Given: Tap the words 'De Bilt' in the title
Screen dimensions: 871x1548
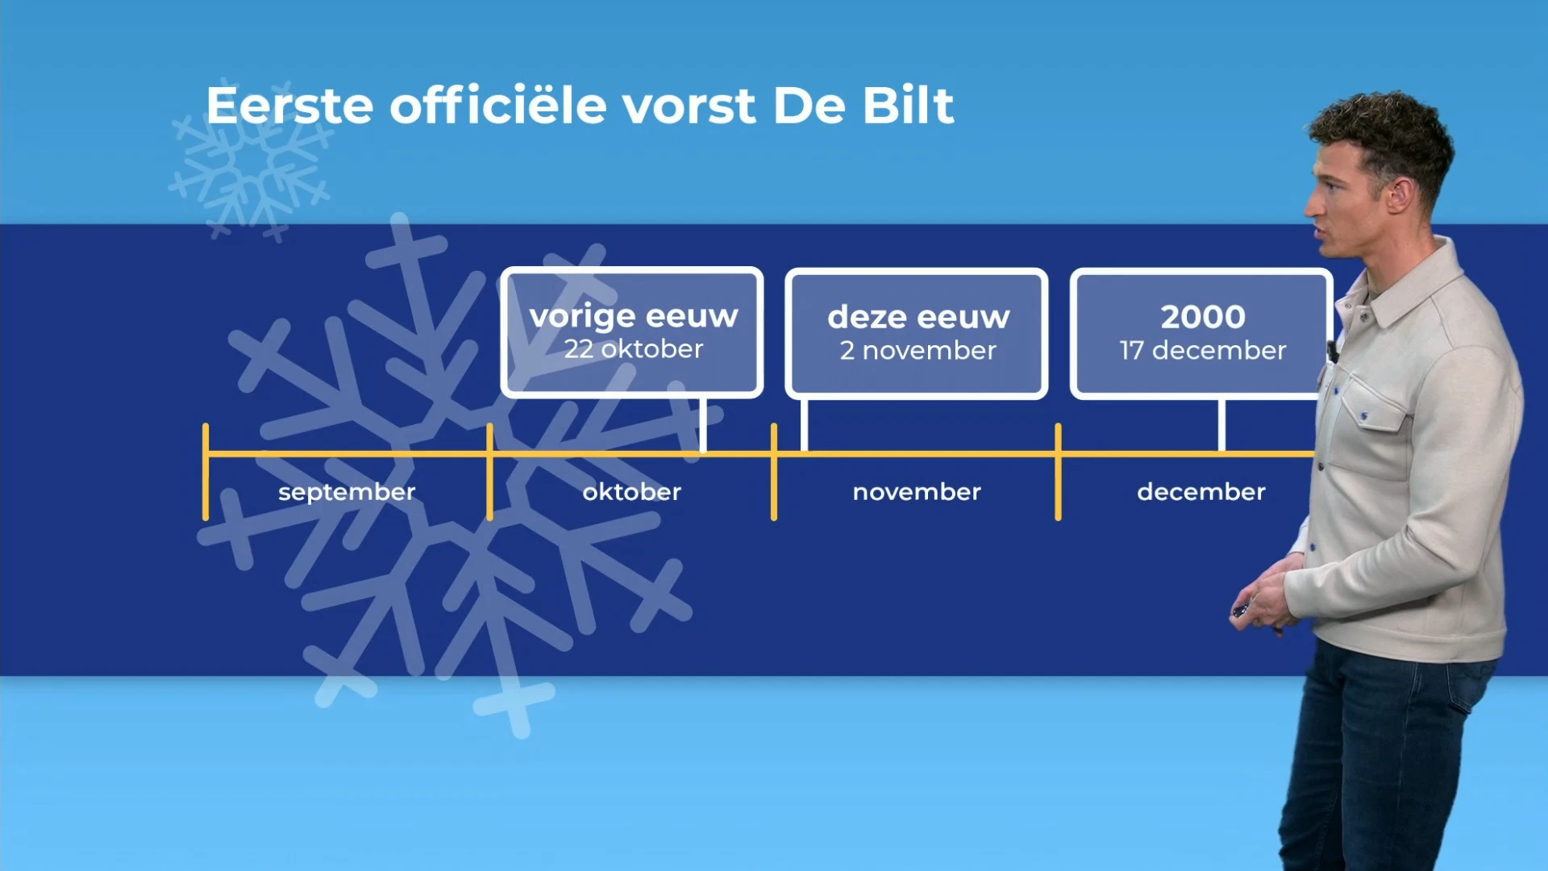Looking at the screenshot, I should (x=863, y=106).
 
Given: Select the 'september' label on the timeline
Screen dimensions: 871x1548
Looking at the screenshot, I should (x=347, y=492).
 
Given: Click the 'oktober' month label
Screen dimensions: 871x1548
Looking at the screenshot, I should (x=632, y=492).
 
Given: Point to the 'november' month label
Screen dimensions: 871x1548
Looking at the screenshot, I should (x=917, y=492).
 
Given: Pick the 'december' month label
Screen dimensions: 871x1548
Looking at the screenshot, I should (x=1201, y=492).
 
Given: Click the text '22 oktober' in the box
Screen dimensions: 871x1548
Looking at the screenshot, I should (x=633, y=349).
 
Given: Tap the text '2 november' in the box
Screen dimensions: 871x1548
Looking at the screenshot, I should (x=918, y=351).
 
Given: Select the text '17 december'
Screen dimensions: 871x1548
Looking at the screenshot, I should (x=1202, y=351).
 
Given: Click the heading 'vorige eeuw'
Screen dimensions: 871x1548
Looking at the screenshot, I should (x=633, y=315).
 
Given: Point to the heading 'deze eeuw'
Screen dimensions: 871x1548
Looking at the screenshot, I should (x=918, y=317).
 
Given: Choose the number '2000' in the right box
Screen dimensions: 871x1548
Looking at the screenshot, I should (x=1202, y=317).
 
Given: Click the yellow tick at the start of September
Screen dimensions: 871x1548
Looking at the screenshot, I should (x=206, y=472).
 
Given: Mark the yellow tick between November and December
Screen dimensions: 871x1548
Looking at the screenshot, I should (x=1058, y=472).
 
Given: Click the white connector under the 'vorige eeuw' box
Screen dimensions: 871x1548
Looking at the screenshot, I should (x=703, y=425).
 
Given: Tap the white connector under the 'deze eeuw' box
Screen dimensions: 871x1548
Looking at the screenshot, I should (x=804, y=425).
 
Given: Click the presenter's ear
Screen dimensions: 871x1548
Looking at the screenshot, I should (x=1397, y=194).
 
